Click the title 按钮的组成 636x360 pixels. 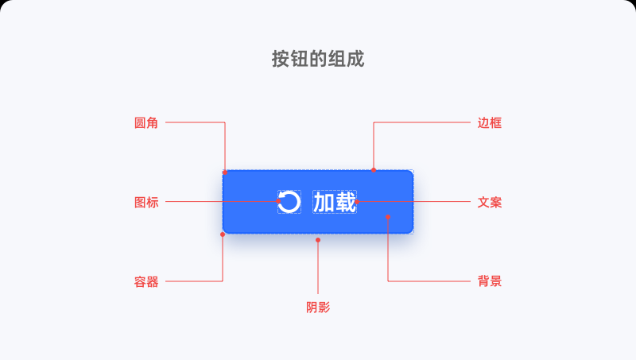pyautogui.click(x=318, y=59)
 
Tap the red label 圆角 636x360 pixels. pyautogui.click(x=146, y=123)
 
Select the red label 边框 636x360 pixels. pyautogui.click(x=490, y=123)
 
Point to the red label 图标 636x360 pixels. pyautogui.click(x=146, y=203)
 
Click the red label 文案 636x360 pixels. pyautogui.click(x=490, y=203)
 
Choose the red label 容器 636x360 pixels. pyautogui.click(x=146, y=282)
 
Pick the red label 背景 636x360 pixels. pyautogui.click(x=490, y=281)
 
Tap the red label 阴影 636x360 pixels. pyautogui.click(x=318, y=308)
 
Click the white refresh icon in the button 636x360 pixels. pyautogui.click(x=289, y=202)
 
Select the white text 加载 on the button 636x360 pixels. pyautogui.click(x=335, y=202)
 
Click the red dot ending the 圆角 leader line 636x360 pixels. pyautogui.click(x=225, y=172)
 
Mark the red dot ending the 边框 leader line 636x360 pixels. pyautogui.click(x=374, y=170)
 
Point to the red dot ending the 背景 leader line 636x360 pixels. pyautogui.click(x=388, y=217)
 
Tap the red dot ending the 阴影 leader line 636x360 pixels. pyautogui.click(x=318, y=240)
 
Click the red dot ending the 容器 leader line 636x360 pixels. pyautogui.click(x=223, y=234)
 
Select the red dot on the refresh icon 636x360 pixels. pyautogui.click(x=278, y=201)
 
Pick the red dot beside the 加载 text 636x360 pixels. pyautogui.click(x=357, y=202)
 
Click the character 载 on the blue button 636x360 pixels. pyautogui.click(x=346, y=202)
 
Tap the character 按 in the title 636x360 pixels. pyautogui.click(x=281, y=59)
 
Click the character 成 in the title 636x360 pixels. pyautogui.click(x=355, y=59)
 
